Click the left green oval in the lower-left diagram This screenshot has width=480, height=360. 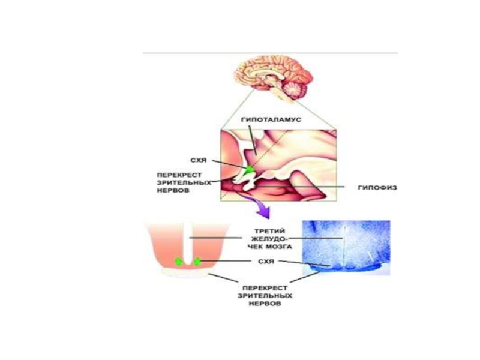click(179, 261)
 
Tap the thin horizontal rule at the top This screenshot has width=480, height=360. click(270, 53)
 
